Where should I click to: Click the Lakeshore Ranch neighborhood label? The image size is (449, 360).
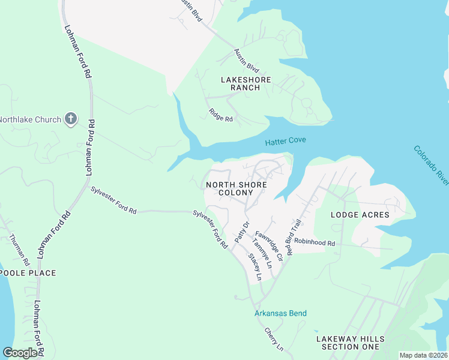(x=246, y=83)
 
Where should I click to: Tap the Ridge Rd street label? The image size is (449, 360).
(x=220, y=115)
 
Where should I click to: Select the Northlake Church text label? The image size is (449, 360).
(x=31, y=119)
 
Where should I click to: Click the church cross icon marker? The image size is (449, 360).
(x=71, y=119)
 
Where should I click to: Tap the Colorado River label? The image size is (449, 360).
(x=431, y=165)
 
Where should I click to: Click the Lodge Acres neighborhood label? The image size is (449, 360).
(x=360, y=215)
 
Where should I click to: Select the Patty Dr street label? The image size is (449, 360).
(x=241, y=232)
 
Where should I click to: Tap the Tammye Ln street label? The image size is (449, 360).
(x=262, y=253)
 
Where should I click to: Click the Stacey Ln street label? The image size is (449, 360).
(x=255, y=267)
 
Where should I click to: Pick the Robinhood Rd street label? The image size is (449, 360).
(x=314, y=242)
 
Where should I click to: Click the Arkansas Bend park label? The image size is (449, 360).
(x=280, y=313)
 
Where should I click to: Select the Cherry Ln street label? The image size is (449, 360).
(x=274, y=339)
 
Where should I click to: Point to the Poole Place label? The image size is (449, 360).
(x=28, y=273)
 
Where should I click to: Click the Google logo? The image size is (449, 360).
(x=20, y=352)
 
